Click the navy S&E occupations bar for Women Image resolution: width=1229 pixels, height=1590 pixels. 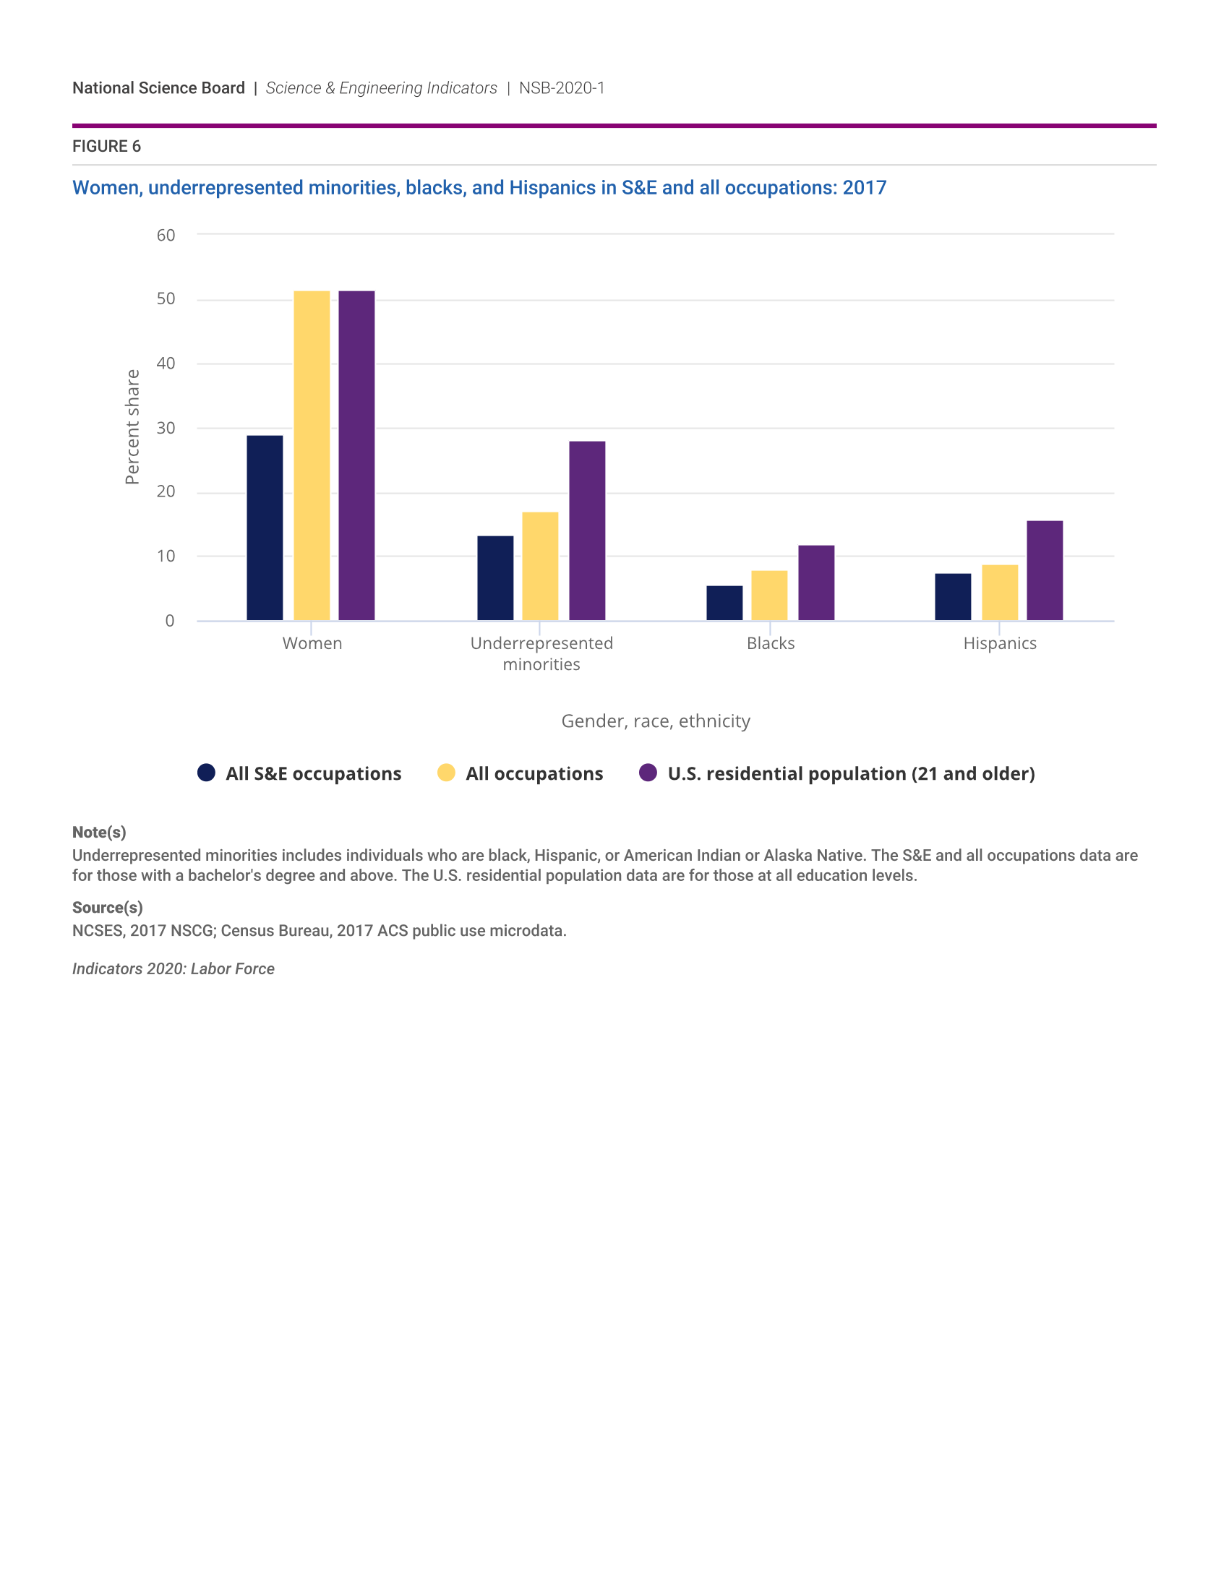pyautogui.click(x=265, y=528)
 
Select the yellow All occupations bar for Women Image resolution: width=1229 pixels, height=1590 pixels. pyautogui.click(x=312, y=456)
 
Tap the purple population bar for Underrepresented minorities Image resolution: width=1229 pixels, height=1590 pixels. pyautogui.click(x=587, y=530)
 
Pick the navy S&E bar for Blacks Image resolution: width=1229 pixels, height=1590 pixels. pyautogui.click(x=724, y=603)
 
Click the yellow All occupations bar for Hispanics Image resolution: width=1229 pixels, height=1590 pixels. pyautogui.click(x=1000, y=593)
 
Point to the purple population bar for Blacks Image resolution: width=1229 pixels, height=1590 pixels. pyautogui.click(x=816, y=583)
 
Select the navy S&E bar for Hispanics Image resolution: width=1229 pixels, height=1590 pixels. pyautogui.click(x=953, y=597)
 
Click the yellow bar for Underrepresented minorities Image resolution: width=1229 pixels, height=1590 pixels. pyautogui.click(x=540, y=567)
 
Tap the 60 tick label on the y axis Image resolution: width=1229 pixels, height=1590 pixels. pyautogui.click(x=166, y=235)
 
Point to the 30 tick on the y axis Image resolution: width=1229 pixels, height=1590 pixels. pyautogui.click(x=166, y=428)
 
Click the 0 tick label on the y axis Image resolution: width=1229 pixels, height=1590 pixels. pyautogui.click(x=170, y=621)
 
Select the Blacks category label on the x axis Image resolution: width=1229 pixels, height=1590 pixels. pyautogui.click(x=771, y=643)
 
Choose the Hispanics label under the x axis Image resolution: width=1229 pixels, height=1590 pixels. pyautogui.click(x=1000, y=643)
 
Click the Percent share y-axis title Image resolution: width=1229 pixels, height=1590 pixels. pyautogui.click(x=132, y=426)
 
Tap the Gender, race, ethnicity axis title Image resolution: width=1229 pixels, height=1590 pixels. pyautogui.click(x=655, y=721)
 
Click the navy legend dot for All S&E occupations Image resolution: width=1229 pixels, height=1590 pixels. pyautogui.click(x=206, y=773)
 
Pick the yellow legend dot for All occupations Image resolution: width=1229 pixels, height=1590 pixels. pyautogui.click(x=446, y=773)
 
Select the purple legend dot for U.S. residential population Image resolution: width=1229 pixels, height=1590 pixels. pyautogui.click(x=648, y=773)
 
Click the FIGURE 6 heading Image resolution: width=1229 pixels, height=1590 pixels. pyautogui.click(x=106, y=146)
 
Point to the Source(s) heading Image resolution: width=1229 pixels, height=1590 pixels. pyautogui.click(x=107, y=907)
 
